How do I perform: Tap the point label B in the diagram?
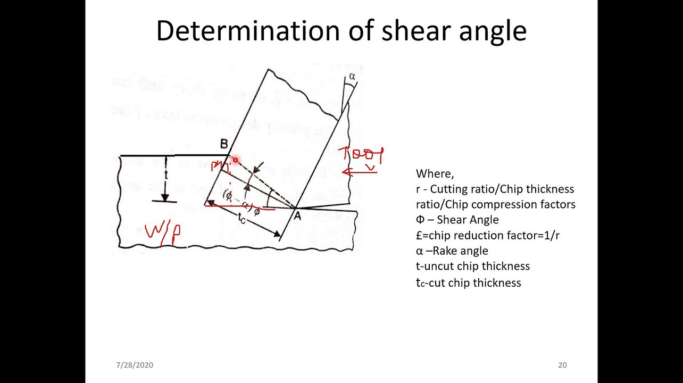pyautogui.click(x=224, y=144)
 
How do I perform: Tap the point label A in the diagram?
pyautogui.click(x=297, y=216)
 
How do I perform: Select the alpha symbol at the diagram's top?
pyautogui.click(x=352, y=77)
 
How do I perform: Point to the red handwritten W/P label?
pyautogui.click(x=162, y=234)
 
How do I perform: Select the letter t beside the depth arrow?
pyautogui.click(x=166, y=175)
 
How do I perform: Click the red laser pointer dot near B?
pyautogui.click(x=235, y=160)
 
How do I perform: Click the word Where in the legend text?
pyautogui.click(x=434, y=174)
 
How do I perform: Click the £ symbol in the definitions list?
pyautogui.click(x=419, y=235)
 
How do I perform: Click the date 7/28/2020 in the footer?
pyautogui.click(x=135, y=365)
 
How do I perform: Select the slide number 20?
pyautogui.click(x=562, y=365)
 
